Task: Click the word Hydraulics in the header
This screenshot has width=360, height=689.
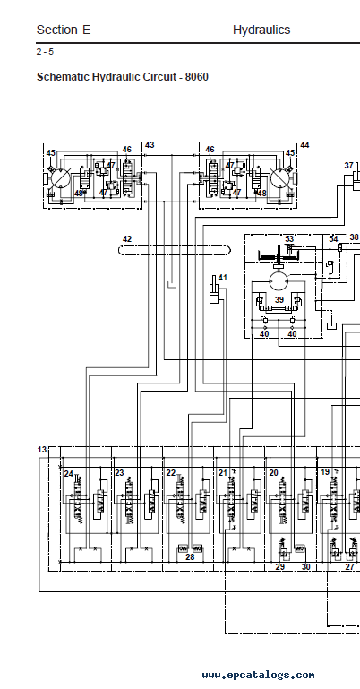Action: tap(261, 30)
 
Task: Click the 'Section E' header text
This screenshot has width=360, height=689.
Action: tap(64, 30)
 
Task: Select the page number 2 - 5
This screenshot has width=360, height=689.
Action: tap(45, 51)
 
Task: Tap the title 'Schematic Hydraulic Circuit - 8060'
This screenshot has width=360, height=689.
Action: tap(123, 77)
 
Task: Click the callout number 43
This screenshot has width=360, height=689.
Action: tap(150, 145)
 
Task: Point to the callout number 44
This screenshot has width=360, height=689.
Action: tap(304, 145)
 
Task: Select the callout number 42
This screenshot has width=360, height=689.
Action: tap(127, 239)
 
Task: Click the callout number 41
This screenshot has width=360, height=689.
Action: tap(223, 278)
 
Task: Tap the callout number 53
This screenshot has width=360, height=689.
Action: tap(289, 239)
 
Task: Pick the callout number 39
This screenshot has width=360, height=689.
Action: tap(279, 299)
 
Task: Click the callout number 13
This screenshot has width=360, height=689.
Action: tap(42, 450)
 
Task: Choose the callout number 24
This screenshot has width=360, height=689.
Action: tap(68, 474)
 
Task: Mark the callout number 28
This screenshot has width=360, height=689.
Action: tap(190, 557)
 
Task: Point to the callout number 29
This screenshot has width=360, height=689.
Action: tap(279, 567)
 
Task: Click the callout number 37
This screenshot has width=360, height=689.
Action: tap(349, 166)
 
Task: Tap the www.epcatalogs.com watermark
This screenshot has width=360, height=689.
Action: tap(258, 675)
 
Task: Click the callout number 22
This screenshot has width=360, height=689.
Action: tap(171, 473)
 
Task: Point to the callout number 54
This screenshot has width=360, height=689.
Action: tap(334, 239)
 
